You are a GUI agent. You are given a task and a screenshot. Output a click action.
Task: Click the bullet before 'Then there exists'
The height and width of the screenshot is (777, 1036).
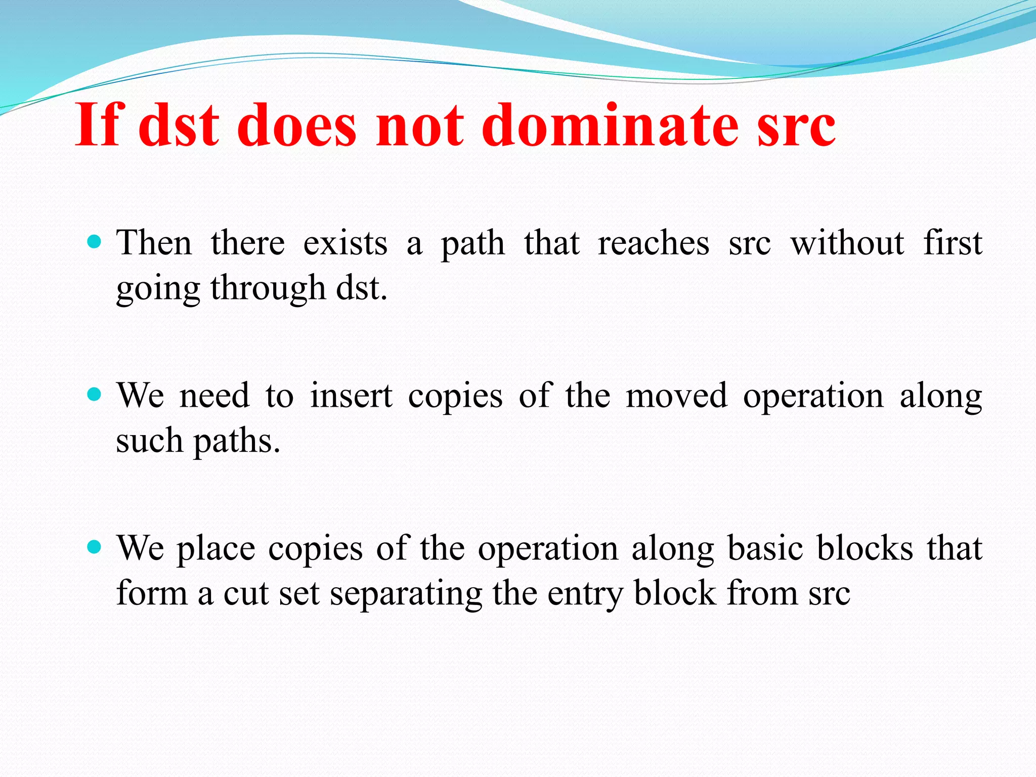[x=94, y=241]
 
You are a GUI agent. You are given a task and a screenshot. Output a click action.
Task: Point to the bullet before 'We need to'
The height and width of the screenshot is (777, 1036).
[x=94, y=394]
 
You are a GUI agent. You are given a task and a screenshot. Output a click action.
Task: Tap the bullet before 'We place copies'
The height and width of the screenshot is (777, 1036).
[x=94, y=547]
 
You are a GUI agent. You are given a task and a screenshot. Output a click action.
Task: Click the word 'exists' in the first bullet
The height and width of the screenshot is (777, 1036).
[x=345, y=243]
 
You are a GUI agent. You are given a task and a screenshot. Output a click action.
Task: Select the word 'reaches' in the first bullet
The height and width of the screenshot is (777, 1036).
[x=654, y=243]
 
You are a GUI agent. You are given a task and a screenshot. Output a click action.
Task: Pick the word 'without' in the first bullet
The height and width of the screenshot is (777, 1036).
[x=847, y=243]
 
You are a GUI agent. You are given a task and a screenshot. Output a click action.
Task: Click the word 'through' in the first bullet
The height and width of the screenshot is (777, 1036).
[x=268, y=288]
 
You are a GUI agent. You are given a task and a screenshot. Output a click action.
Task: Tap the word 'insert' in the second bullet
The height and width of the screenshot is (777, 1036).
[x=351, y=396]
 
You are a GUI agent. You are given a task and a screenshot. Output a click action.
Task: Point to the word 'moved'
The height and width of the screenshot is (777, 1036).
[x=676, y=396]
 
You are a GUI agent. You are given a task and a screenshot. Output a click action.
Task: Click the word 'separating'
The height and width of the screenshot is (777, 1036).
[x=406, y=595]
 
